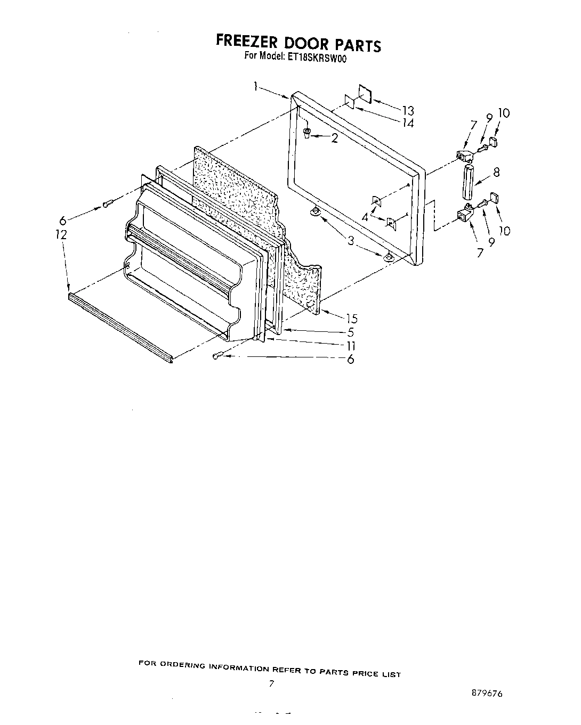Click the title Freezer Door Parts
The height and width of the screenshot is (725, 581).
tap(298, 43)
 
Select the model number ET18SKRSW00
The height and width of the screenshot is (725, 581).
tap(318, 59)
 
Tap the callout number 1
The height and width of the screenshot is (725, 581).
tap(256, 86)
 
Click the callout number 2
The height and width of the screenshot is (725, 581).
tap(334, 139)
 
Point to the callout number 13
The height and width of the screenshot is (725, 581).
tap(408, 111)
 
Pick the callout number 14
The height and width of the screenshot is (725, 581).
tap(408, 123)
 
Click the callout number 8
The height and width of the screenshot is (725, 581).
tap(496, 172)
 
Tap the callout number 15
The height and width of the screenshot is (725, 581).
tap(351, 319)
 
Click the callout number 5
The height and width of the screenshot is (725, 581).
tap(351, 332)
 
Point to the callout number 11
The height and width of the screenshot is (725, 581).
tap(351, 346)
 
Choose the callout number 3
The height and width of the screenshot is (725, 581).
tap(351, 241)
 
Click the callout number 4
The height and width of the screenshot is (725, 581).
tap(365, 217)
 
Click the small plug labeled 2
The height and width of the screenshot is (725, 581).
tap(308, 133)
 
